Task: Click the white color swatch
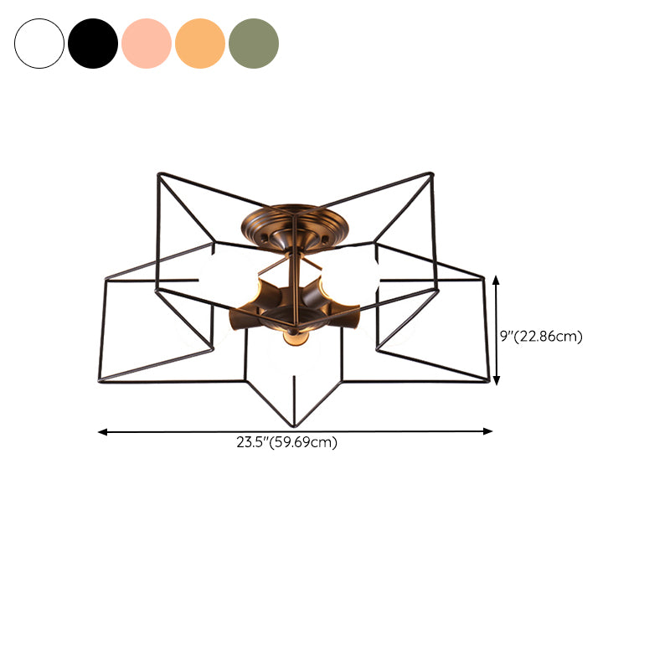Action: coord(39,44)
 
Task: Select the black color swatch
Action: coord(93,44)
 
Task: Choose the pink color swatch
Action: coord(147,44)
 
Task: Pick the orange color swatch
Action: coord(200,44)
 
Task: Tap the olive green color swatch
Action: coord(254,44)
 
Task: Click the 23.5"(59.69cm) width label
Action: coord(286,443)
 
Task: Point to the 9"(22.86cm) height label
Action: coord(540,336)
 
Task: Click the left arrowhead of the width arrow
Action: coord(102,432)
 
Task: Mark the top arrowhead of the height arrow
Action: coord(497,280)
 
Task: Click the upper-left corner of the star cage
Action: coord(158,174)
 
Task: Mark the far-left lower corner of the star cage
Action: coord(98,382)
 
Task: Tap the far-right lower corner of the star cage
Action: coord(487,382)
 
